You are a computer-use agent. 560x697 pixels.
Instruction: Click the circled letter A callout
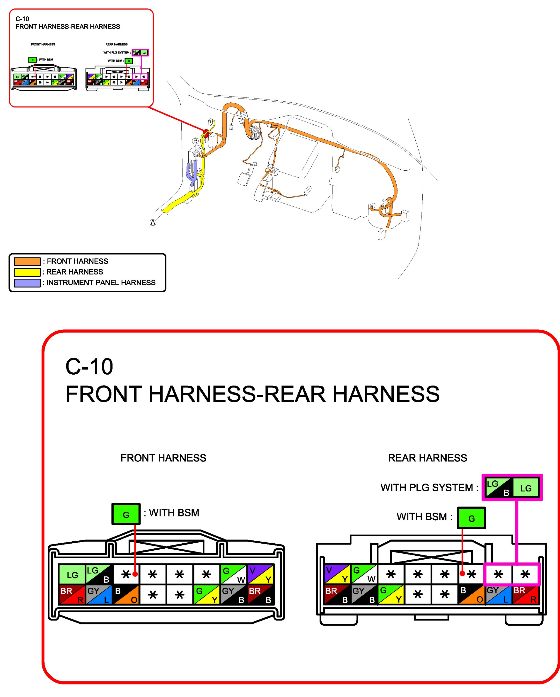[153, 222]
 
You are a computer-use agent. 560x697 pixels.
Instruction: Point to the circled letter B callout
[195, 141]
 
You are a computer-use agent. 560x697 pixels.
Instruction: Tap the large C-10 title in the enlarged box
[89, 367]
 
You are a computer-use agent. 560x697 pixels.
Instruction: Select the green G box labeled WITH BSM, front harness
[126, 514]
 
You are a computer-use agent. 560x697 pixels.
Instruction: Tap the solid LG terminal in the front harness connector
[72, 575]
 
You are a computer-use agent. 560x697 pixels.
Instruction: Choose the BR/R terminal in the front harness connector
[72, 595]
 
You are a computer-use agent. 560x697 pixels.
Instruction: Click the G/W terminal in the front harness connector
[233, 575]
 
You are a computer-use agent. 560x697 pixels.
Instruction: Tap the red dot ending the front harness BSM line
[135, 574]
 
